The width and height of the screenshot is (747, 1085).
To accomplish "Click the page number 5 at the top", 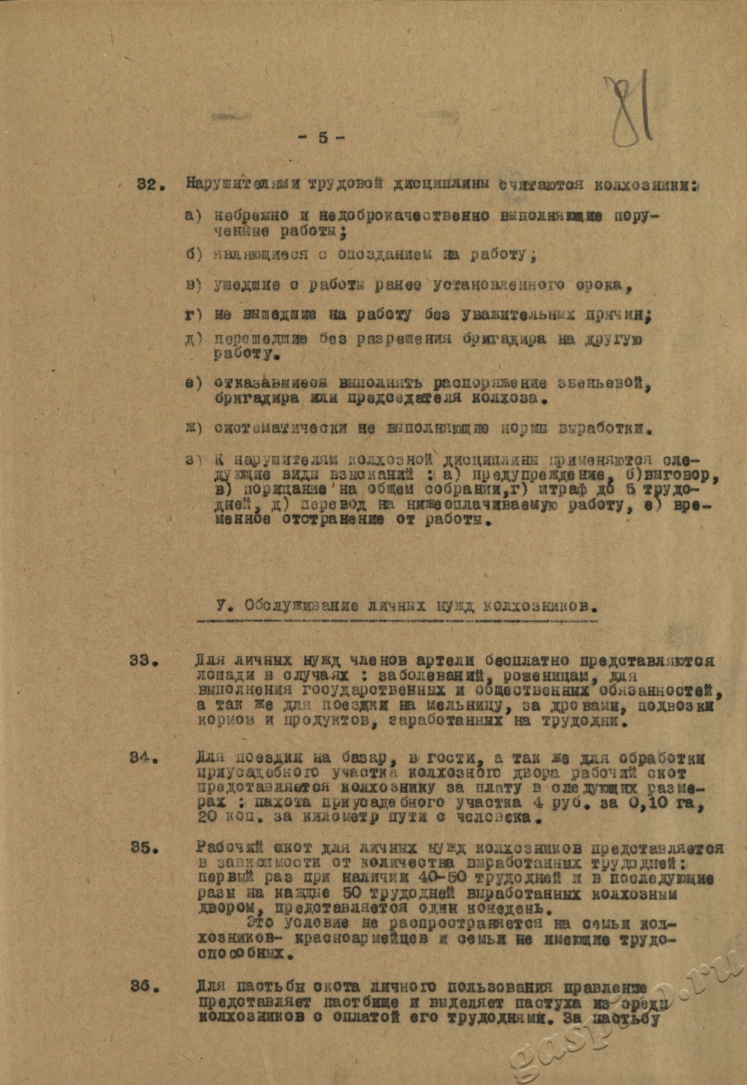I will (321, 138).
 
